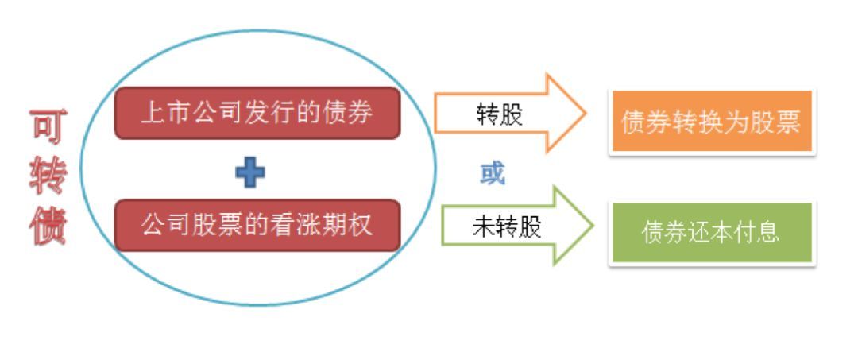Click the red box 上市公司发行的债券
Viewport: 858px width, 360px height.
[x=257, y=114]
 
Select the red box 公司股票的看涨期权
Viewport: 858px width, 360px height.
[x=257, y=226]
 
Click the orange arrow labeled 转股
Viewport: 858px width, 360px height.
[x=510, y=114]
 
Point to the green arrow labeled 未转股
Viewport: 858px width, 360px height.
[x=517, y=226]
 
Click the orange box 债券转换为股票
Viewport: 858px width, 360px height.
[x=712, y=122]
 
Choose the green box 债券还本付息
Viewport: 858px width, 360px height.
[x=712, y=233]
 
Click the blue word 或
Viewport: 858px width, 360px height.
[x=493, y=173]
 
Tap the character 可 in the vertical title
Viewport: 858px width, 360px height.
[x=48, y=127]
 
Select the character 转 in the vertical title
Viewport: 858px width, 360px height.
[x=48, y=176]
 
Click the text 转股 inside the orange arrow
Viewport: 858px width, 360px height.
[x=500, y=115]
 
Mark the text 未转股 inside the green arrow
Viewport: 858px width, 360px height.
[x=506, y=226]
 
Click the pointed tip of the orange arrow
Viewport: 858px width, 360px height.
[x=586, y=114]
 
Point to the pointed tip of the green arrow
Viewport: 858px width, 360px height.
[x=593, y=226]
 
